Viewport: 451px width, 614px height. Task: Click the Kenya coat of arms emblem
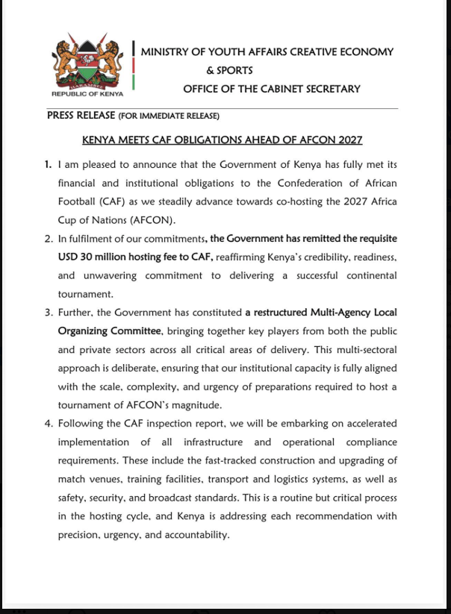coord(87,61)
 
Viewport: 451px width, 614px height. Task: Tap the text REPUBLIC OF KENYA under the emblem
coord(87,95)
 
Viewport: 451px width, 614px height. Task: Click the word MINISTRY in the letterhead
coord(166,51)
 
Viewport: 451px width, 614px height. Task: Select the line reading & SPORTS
coord(229,70)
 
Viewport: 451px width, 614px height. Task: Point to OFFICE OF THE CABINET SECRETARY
coord(272,89)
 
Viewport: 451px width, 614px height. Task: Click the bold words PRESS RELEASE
coord(81,116)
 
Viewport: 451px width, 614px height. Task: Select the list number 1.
coord(47,163)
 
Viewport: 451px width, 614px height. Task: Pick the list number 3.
coord(47,312)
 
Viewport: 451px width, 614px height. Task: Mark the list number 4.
coord(47,424)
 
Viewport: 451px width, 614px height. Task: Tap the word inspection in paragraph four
coord(174,424)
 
